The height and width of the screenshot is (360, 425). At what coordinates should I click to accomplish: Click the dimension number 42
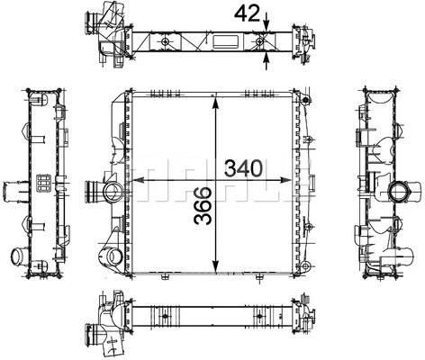[x=247, y=13]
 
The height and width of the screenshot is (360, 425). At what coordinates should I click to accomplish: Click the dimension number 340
[x=244, y=168]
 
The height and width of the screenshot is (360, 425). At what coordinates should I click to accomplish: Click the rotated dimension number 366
[x=203, y=205]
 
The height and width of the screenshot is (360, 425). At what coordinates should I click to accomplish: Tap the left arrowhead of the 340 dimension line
[x=138, y=180]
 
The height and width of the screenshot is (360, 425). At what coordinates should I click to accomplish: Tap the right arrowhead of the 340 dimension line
[x=285, y=180]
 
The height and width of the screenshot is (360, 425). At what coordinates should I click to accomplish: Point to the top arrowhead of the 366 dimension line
[x=215, y=103]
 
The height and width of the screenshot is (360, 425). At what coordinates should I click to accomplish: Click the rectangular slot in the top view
[x=225, y=41]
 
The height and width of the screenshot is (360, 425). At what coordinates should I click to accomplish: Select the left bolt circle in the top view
[x=165, y=41]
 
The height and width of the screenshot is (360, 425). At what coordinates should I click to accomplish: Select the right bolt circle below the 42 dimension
[x=260, y=41]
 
